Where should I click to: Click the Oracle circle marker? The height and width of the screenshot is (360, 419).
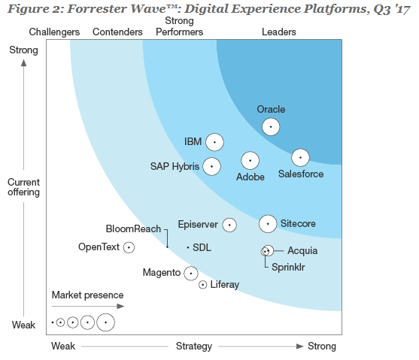point(271,126)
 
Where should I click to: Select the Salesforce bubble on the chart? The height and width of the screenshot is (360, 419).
point(300,157)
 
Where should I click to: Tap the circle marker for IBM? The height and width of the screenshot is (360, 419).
point(214,141)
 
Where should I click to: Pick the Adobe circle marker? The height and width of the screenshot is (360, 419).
point(250,160)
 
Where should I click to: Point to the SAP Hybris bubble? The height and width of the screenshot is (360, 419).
point(212,166)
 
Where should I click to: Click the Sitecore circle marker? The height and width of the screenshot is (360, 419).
point(268,223)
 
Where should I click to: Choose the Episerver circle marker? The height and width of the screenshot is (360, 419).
point(229,225)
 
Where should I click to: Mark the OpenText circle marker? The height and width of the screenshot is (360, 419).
point(129,247)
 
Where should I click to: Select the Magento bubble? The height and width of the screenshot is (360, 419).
point(191,274)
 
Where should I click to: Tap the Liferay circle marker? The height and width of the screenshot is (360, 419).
point(202,284)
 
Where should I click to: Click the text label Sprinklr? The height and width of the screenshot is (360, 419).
point(289,266)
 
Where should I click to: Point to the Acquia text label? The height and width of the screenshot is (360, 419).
point(302,251)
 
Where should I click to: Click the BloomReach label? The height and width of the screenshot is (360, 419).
point(133,228)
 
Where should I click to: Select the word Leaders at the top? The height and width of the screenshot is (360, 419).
point(278,32)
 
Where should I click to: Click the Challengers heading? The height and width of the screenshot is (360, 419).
point(54,32)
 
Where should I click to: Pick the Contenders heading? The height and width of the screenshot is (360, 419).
point(117,32)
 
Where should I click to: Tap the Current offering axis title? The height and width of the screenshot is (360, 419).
point(24,187)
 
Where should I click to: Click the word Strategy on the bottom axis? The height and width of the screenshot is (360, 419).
point(194,346)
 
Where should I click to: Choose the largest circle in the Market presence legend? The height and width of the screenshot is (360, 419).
point(106,322)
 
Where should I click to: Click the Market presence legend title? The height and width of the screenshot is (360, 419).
point(82,295)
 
